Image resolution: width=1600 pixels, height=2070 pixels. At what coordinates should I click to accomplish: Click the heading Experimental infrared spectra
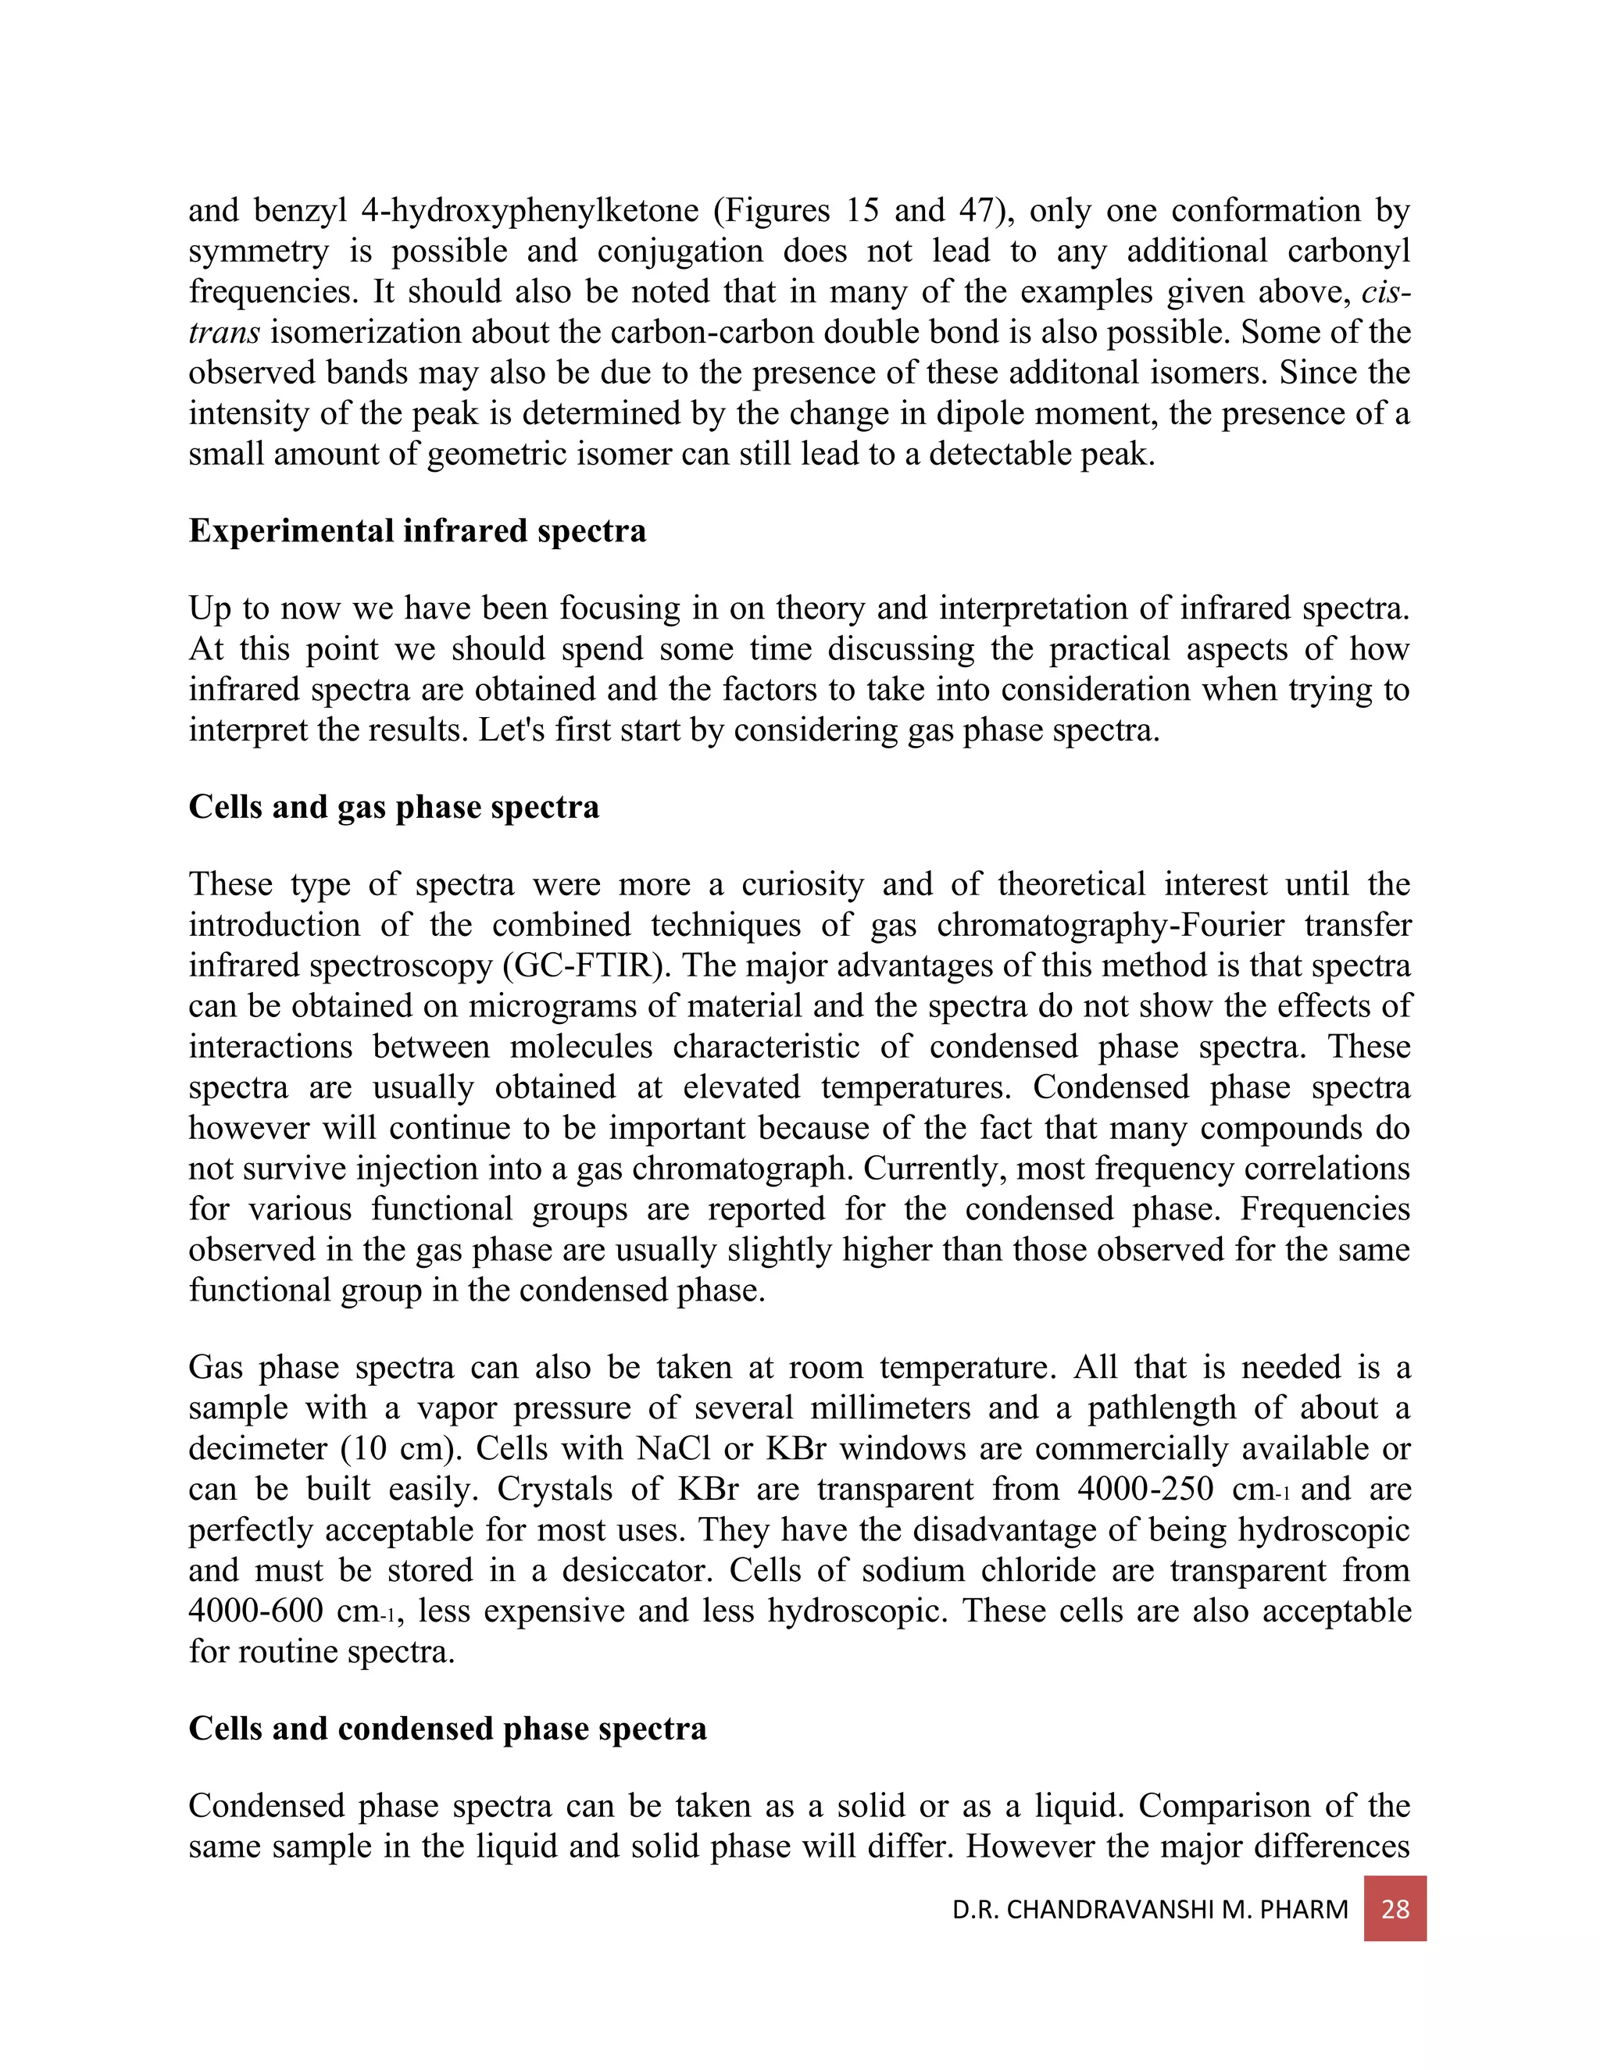(x=417, y=530)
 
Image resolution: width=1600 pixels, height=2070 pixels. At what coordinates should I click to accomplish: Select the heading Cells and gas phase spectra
(x=394, y=807)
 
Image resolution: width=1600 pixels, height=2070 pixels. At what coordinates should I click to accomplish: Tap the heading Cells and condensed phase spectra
(x=448, y=1728)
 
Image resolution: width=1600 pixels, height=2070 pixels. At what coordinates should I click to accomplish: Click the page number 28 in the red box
(x=1395, y=1908)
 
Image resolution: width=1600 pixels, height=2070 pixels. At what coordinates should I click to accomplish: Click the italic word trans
(x=223, y=333)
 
